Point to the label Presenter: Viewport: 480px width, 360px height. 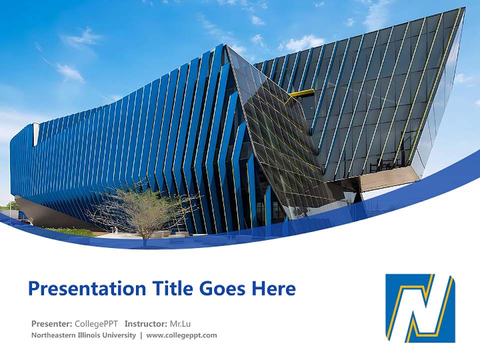click(51, 323)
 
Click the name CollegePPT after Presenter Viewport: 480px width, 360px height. click(96, 323)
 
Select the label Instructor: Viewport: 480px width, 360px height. click(145, 323)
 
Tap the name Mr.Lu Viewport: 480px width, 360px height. click(180, 323)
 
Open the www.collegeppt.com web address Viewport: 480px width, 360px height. click(181, 335)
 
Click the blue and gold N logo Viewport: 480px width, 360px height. click(420, 308)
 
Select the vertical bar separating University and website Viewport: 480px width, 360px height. click(141, 335)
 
